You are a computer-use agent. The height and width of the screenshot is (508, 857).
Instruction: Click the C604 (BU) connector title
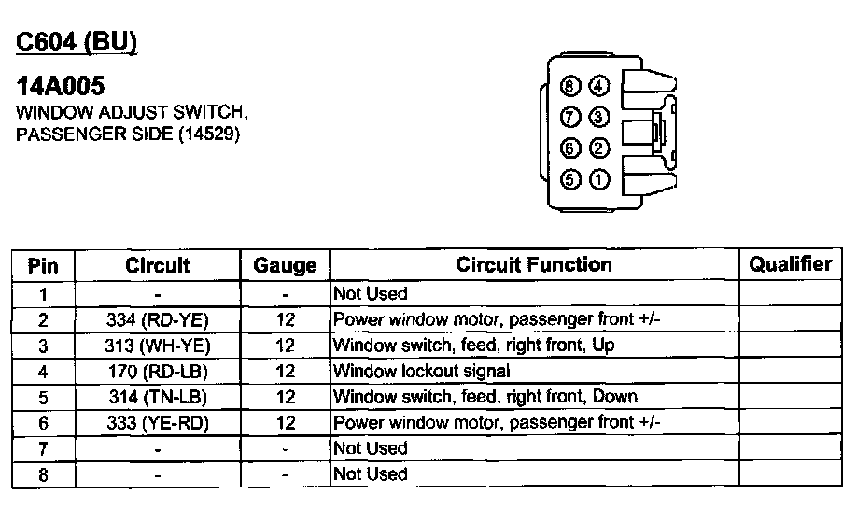coord(77,42)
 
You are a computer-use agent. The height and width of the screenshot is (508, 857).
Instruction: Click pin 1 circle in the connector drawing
coord(599,179)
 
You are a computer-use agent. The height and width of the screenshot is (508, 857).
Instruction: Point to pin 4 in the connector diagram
coord(599,86)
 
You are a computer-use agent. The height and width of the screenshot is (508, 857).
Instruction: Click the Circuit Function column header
coord(534,265)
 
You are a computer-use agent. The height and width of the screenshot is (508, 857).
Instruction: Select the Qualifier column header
coord(790,264)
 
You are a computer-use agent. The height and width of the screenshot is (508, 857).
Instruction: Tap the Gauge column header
coord(285,266)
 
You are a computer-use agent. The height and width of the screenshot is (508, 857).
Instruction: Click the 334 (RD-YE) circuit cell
coord(158,320)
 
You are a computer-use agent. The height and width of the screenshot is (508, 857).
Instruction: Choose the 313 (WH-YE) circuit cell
coord(158,346)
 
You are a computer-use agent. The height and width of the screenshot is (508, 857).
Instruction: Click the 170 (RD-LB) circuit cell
coord(158,372)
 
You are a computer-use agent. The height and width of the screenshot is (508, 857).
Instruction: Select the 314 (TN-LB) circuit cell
coord(158,397)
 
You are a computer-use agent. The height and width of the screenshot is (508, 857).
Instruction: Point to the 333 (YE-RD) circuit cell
coord(158,422)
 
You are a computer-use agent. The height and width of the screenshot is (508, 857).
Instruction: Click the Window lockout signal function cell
coord(421,372)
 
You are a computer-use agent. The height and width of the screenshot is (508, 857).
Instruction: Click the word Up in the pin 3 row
coord(604,346)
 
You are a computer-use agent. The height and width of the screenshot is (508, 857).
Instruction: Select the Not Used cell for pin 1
coord(371,294)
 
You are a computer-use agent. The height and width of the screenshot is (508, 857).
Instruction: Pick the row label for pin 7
coord(43,448)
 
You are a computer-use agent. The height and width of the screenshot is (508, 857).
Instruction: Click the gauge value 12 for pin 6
coord(286,422)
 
